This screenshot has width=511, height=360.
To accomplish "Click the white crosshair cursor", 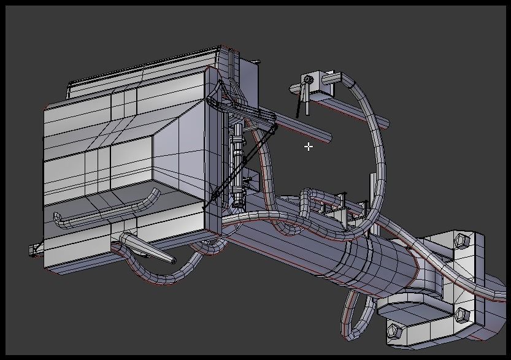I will pos(308,147).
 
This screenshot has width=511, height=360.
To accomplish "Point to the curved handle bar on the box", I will pos(104,209).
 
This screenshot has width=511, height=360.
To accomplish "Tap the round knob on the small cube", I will pos(307,79).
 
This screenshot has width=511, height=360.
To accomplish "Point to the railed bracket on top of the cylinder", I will pos(340,212).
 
